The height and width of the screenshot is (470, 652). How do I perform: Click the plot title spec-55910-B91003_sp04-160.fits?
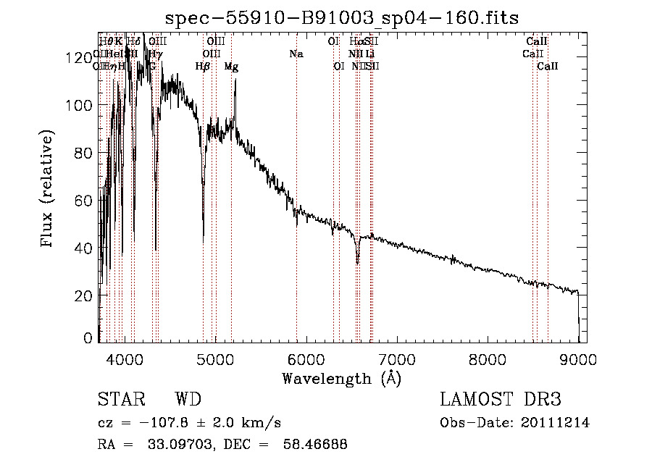(342, 17)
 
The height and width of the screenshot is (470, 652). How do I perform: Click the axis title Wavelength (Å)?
(342, 377)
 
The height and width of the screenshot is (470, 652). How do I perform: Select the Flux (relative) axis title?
(49, 189)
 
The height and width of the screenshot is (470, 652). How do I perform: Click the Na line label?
(296, 54)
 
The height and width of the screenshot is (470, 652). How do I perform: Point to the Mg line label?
(231, 66)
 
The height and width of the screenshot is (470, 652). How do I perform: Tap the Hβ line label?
(203, 66)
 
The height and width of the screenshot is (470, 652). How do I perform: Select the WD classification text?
(188, 400)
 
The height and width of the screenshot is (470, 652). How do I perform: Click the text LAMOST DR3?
(500, 400)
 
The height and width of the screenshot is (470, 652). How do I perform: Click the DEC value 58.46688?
(313, 445)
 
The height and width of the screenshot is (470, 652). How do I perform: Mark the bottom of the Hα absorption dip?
(358, 263)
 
